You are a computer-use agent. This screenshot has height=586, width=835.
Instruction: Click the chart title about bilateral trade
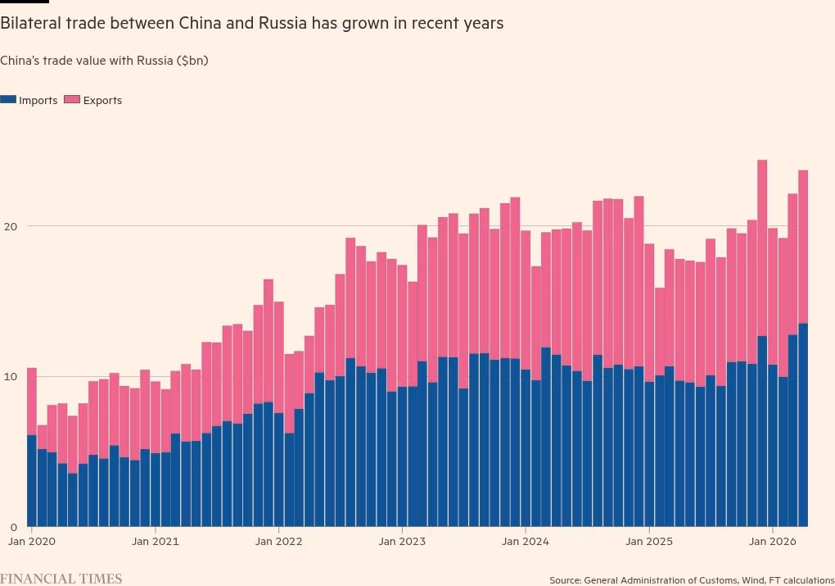[x=252, y=24]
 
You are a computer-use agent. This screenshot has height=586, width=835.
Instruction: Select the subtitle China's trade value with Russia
[x=104, y=61]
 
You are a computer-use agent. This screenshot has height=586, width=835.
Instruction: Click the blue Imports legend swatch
[x=8, y=100]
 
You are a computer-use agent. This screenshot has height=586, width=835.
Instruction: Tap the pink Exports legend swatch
[x=72, y=100]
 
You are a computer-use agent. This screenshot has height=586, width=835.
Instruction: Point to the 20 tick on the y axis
[x=11, y=227]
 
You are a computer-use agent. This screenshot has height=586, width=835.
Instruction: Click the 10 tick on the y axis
[x=11, y=377]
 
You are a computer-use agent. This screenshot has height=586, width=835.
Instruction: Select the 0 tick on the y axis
[x=14, y=527]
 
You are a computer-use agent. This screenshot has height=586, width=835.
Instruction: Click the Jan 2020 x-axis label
[x=31, y=542]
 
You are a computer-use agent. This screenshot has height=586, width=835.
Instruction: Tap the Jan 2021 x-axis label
[x=155, y=542]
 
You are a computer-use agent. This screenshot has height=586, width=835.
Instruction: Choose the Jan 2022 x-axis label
[x=278, y=542]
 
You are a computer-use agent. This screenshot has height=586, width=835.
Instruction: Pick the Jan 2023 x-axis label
[x=402, y=542]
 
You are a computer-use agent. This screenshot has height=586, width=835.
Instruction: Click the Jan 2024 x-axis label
[x=526, y=542]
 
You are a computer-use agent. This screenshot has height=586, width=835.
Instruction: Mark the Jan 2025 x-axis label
[x=649, y=542]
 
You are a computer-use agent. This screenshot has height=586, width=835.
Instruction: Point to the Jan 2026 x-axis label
[x=773, y=542]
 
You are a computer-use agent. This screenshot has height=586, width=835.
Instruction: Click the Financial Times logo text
[x=61, y=579]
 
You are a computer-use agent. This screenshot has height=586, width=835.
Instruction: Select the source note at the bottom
[x=692, y=580]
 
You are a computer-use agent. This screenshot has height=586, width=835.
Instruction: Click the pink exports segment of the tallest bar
[x=762, y=248]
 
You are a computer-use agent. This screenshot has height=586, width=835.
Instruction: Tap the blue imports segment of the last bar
[x=803, y=425]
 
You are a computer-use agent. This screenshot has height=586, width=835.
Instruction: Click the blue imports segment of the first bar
[x=31, y=481]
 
